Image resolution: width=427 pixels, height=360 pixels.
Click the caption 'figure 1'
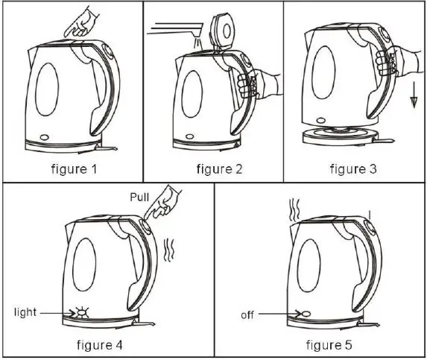[73, 168]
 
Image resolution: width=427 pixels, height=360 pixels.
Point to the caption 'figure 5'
[322, 344]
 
